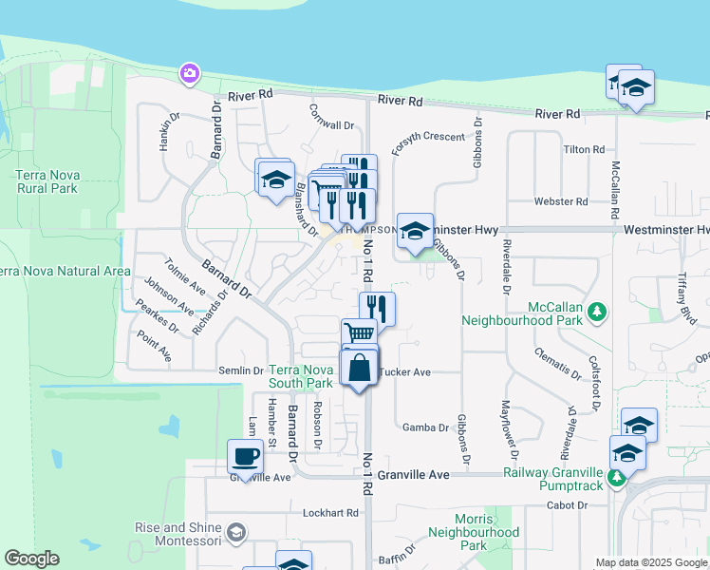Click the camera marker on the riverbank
pyautogui.click(x=190, y=73)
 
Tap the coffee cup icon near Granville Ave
pyautogui.click(x=245, y=457)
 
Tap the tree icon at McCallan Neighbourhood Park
pyautogui.click(x=597, y=312)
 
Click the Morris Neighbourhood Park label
pyautogui.click(x=474, y=532)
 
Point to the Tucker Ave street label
pyautogui.click(x=405, y=372)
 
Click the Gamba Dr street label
pyautogui.click(x=425, y=427)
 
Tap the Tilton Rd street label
pyautogui.click(x=584, y=150)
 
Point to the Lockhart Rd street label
pyautogui.click(x=330, y=513)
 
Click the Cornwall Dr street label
pyautogui.click(x=331, y=124)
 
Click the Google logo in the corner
pyautogui.click(x=32, y=558)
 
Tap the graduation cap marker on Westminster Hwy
pyautogui.click(x=415, y=232)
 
